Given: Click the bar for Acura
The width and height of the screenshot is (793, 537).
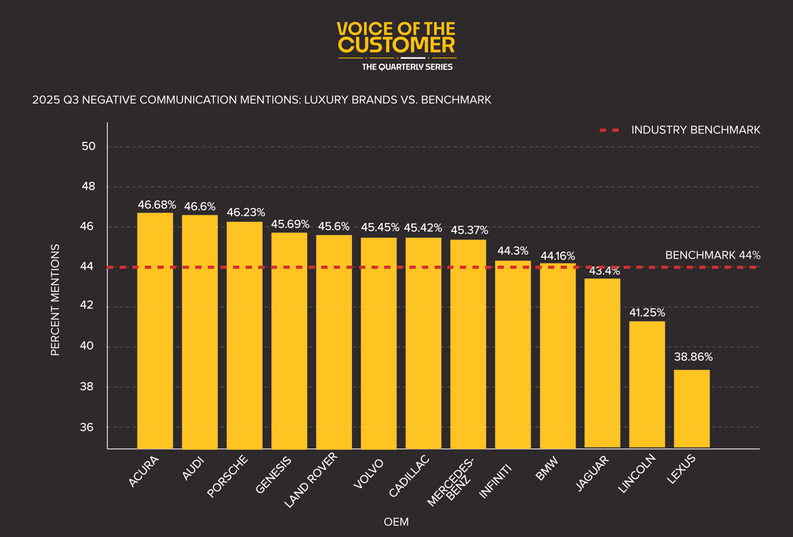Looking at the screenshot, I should click(155, 330).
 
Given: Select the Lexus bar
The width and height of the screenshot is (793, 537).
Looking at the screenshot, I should click(692, 408).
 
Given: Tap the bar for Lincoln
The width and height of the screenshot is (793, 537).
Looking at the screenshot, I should click(647, 384).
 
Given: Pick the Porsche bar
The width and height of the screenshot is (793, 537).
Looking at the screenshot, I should click(244, 334).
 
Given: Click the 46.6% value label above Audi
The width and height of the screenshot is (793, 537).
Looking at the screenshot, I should click(200, 206).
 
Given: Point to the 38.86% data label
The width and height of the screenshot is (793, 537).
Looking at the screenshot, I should click(693, 357).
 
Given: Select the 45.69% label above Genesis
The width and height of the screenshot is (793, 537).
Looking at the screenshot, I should click(290, 224).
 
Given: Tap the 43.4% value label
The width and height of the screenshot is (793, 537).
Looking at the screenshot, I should click(603, 271).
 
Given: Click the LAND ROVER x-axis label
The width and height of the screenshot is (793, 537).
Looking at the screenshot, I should click(311, 480).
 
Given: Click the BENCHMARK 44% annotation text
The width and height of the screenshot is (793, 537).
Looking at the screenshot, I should click(712, 255).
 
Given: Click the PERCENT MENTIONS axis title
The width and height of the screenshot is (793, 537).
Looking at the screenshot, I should click(55, 300).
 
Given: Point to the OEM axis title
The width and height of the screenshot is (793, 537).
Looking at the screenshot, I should click(396, 522).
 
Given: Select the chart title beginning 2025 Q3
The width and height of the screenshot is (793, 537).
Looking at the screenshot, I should click(261, 100).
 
